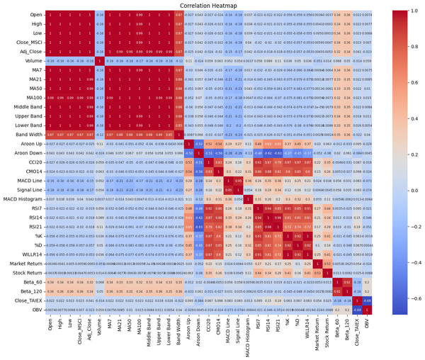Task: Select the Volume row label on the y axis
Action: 31,62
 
